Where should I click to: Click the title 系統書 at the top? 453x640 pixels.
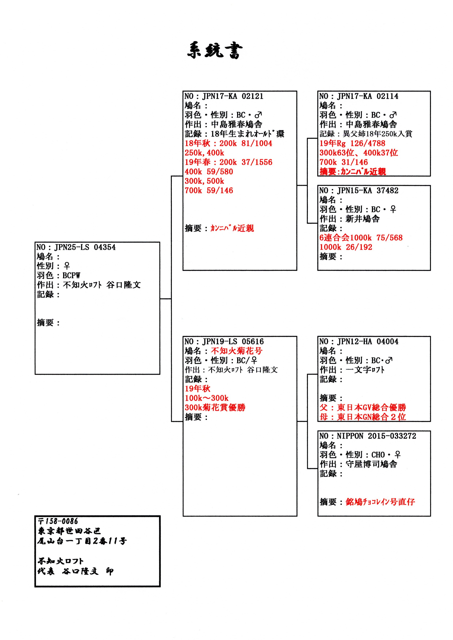click(215, 51)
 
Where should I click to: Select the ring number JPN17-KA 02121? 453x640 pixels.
click(233, 96)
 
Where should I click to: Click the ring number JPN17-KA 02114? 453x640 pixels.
click(368, 96)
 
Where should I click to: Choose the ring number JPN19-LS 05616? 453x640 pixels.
click(233, 342)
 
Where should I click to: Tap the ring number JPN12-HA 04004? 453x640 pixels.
click(368, 342)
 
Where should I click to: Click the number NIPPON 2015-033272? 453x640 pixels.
click(376, 436)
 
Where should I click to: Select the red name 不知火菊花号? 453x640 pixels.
click(236, 351)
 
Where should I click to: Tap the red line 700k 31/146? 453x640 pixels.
click(344, 162)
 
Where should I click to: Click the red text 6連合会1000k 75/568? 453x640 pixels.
click(361, 238)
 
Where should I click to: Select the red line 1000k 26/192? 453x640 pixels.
click(346, 247)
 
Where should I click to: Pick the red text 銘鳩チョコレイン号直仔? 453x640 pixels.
click(380, 502)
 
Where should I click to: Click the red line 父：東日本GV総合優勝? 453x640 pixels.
click(363, 408)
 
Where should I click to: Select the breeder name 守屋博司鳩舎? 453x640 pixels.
click(371, 464)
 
